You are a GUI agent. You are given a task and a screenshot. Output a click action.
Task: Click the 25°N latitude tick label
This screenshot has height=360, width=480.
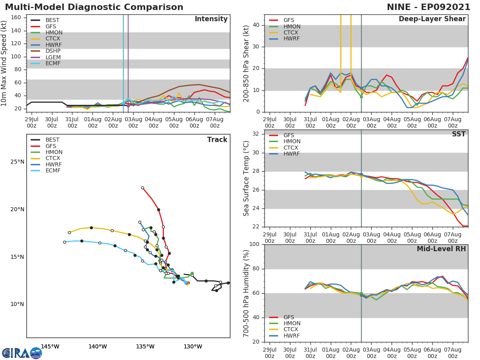click(17, 162)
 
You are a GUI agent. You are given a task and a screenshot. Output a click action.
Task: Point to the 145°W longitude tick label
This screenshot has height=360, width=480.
click(50, 347)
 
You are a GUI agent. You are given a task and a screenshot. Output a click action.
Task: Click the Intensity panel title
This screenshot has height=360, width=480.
click(211, 19)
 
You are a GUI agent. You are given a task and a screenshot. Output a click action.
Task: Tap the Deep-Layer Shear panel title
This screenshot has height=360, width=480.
click(432, 19)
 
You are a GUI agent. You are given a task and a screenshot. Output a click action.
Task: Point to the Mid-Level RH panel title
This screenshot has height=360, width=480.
click(441, 249)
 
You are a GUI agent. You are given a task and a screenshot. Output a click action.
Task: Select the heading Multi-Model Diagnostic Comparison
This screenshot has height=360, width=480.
click(94, 7)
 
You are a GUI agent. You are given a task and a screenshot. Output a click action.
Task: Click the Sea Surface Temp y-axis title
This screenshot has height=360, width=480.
click(246, 178)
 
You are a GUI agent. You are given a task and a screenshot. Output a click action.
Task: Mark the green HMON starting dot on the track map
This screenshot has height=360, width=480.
click(192, 274)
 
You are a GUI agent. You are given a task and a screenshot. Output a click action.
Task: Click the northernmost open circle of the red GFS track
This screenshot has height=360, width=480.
click(142, 188)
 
